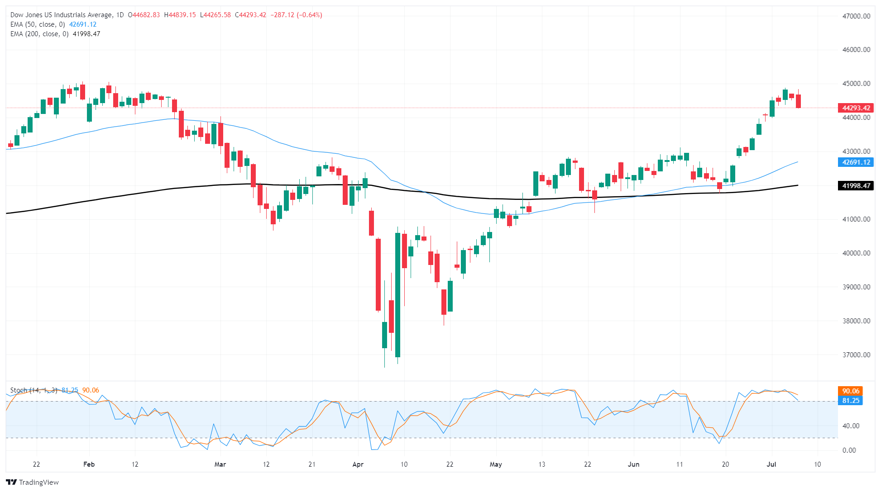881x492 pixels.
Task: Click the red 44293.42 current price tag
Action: pyautogui.click(x=856, y=108)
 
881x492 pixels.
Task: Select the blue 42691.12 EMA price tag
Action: pyautogui.click(x=856, y=162)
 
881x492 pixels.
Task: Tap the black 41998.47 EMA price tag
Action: pyautogui.click(x=856, y=186)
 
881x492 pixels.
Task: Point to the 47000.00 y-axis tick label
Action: pyautogui.click(x=856, y=16)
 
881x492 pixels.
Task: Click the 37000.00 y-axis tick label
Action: pyautogui.click(x=856, y=355)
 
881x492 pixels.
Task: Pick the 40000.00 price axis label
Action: pyautogui.click(x=856, y=253)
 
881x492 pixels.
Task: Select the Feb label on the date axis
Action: pyautogui.click(x=89, y=464)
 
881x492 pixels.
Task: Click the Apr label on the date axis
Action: pyautogui.click(x=358, y=464)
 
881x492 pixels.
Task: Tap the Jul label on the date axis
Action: pyautogui.click(x=771, y=464)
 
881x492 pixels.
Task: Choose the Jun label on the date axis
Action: pyautogui.click(x=633, y=464)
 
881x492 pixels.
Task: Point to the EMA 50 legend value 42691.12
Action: pyautogui.click(x=82, y=24)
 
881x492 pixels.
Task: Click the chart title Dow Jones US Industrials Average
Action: pyautogui.click(x=61, y=15)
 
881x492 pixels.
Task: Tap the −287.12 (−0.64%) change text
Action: pyautogui.click(x=296, y=15)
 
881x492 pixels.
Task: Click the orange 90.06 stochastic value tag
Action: pyautogui.click(x=850, y=391)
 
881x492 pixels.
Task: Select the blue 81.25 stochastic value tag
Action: pyautogui.click(x=850, y=401)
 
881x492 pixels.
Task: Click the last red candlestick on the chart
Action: pyautogui.click(x=798, y=101)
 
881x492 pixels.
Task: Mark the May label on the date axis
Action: pyautogui.click(x=496, y=464)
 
